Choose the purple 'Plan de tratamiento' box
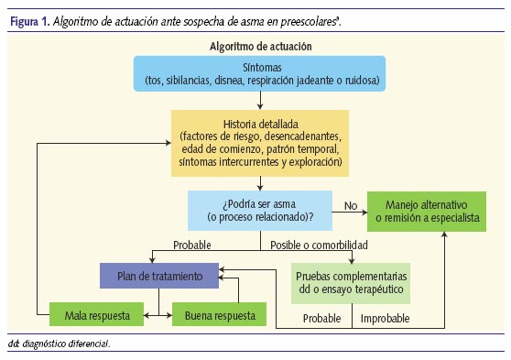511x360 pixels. tap(159, 275)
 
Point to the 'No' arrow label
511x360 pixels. tap(349, 206)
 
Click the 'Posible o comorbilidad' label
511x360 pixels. tap(321, 245)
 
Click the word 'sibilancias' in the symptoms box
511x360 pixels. tap(193, 82)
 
